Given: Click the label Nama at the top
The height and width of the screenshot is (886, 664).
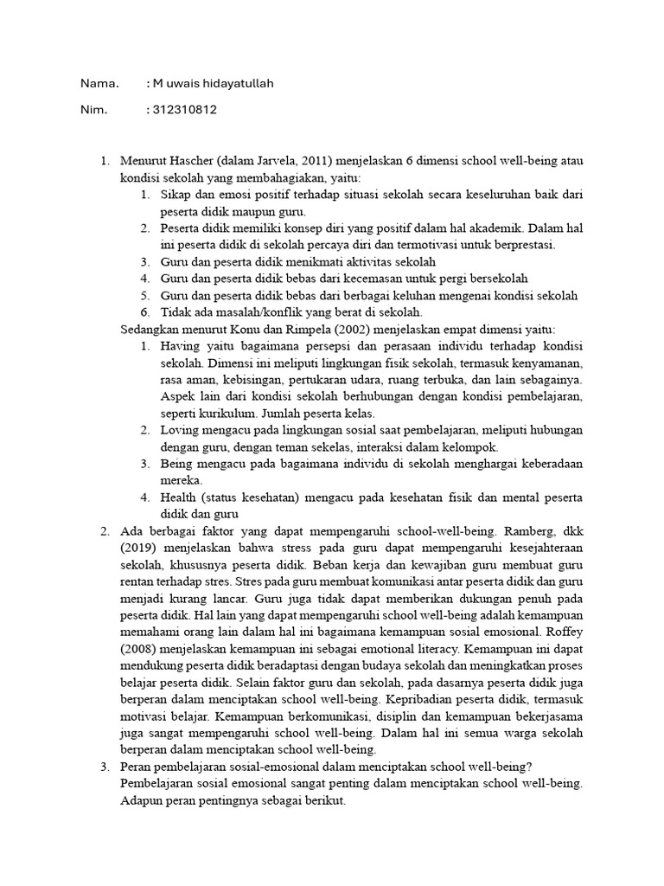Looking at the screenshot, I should click(x=98, y=84).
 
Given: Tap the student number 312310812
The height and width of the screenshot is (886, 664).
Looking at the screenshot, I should click(x=184, y=110).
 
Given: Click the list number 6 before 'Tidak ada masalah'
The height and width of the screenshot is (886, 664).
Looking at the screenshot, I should click(x=146, y=312).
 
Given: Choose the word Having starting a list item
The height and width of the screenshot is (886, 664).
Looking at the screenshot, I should click(x=180, y=346).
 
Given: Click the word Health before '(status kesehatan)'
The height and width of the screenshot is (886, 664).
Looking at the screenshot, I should click(x=179, y=498).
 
